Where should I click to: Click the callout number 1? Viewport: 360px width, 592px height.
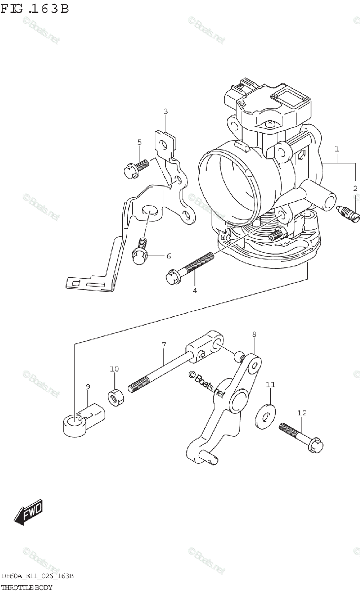point(337,148)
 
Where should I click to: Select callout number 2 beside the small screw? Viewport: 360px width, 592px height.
point(355,188)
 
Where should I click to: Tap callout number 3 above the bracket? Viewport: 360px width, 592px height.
point(166,111)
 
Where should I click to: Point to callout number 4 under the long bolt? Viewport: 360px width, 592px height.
point(195,291)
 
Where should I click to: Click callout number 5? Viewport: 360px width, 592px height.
point(140,142)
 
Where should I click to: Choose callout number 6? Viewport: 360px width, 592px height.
point(168,256)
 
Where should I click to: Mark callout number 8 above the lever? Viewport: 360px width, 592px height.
point(254,335)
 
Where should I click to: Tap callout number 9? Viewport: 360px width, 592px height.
point(88,387)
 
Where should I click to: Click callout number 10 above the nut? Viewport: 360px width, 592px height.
point(114,369)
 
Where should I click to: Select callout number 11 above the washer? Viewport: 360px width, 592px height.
point(270,384)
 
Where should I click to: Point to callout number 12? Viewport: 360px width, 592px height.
point(302,412)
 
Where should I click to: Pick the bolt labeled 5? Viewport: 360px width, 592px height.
point(136,168)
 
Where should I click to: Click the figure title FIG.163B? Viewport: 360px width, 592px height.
point(35,8)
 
